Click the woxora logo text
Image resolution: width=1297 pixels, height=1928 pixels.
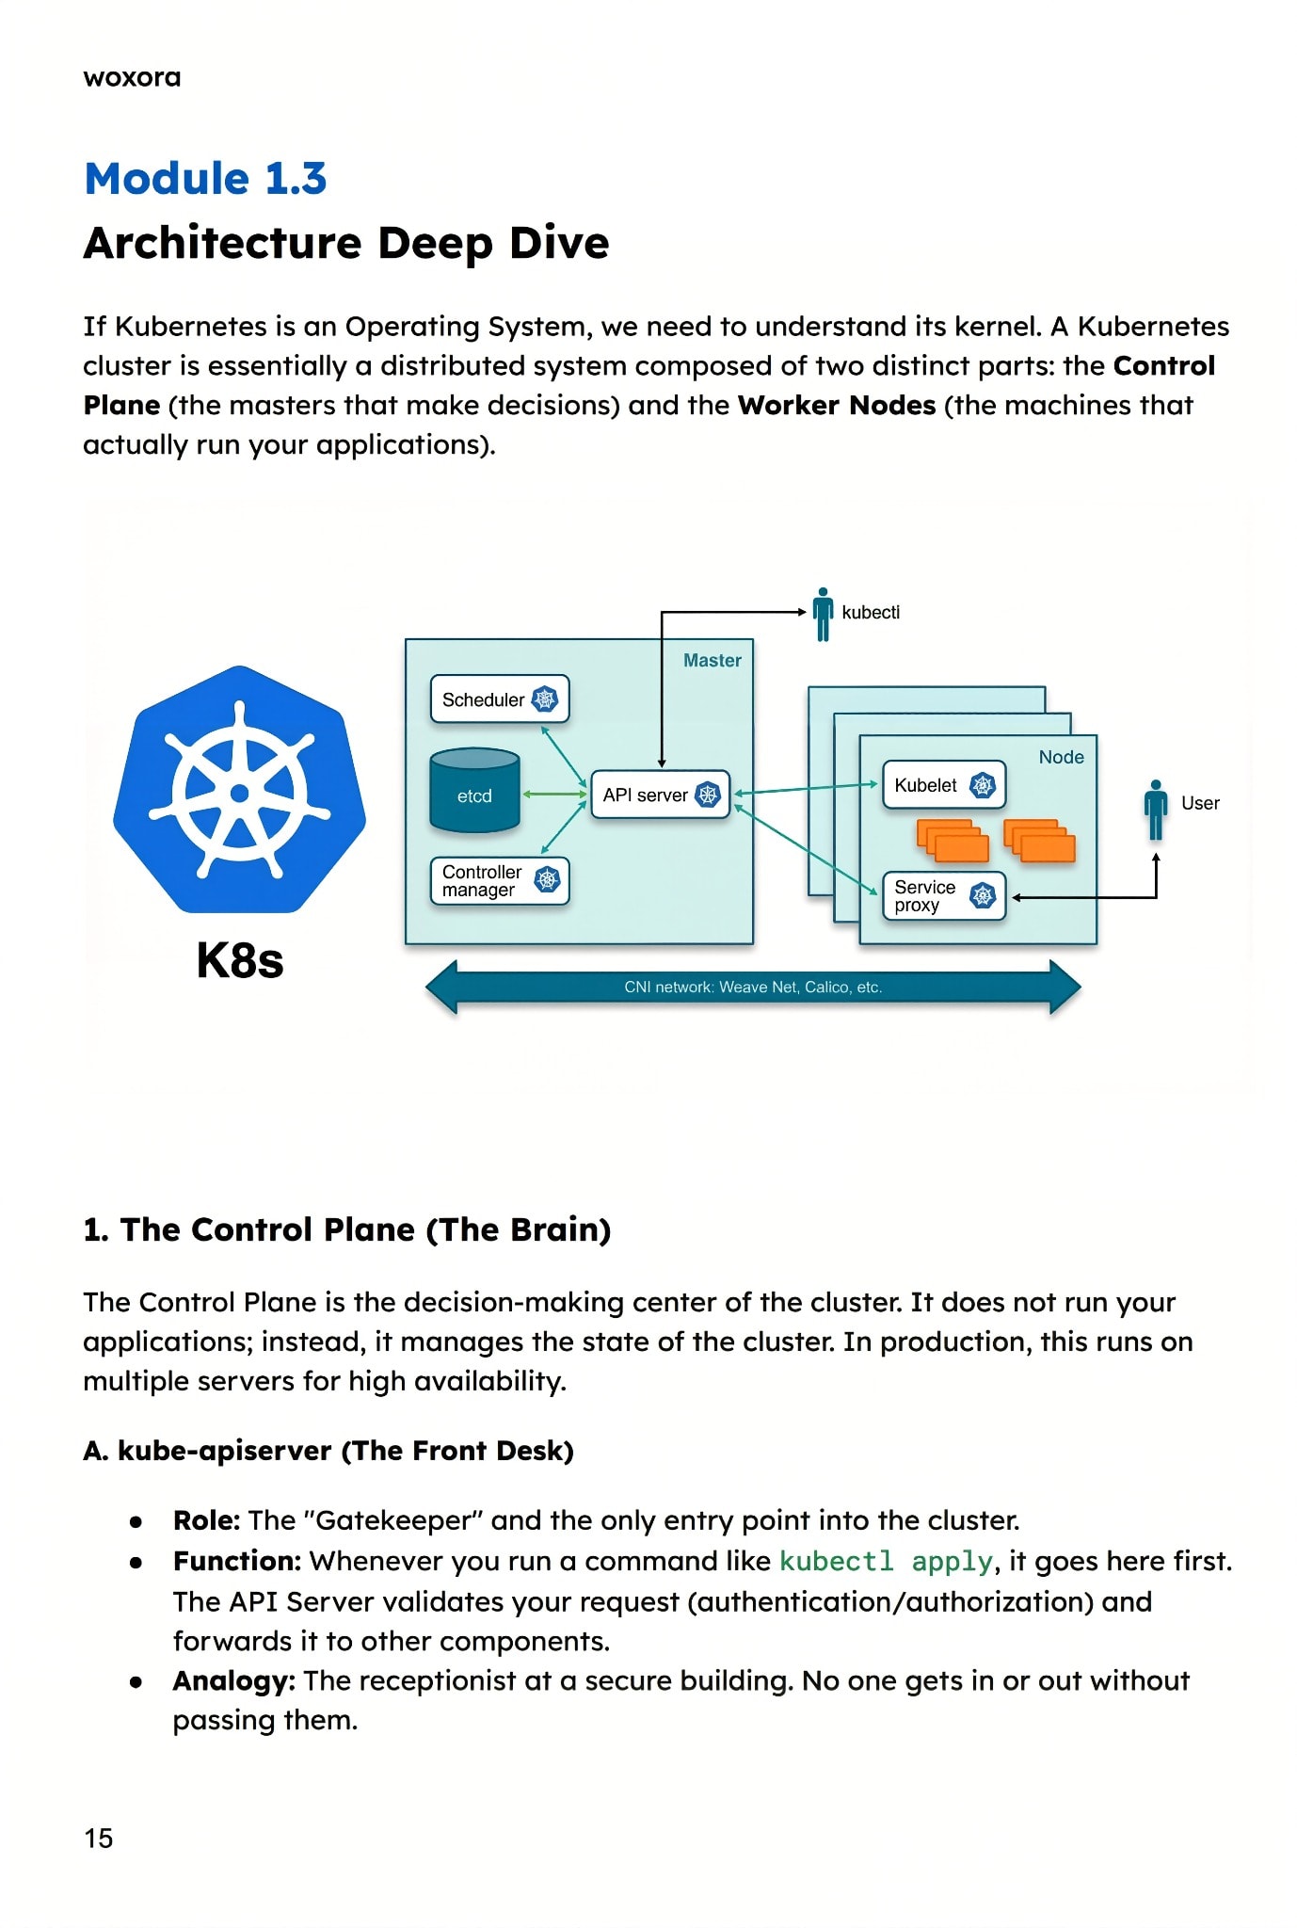(132, 77)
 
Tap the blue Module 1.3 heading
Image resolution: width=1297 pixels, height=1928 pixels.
(205, 178)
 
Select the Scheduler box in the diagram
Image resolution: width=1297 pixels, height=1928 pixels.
(500, 699)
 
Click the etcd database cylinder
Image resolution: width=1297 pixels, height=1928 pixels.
(474, 790)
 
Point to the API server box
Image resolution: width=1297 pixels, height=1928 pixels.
(660, 795)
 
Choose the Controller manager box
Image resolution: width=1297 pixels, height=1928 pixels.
(500, 880)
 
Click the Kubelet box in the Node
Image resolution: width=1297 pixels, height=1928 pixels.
(944, 785)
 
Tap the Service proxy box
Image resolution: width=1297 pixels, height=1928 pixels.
(944, 895)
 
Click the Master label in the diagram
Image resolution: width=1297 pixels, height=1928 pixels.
(713, 660)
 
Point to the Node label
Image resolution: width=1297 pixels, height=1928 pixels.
(1061, 757)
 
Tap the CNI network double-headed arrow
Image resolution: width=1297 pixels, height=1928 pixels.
(753, 987)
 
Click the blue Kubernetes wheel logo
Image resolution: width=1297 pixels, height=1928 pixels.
(240, 789)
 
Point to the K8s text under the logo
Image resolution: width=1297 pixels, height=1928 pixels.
(240, 960)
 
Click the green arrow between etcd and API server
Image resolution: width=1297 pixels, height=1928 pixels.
(555, 795)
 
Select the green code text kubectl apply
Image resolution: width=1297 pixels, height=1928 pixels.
(886, 1562)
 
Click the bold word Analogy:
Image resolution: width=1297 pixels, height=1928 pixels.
(234, 1681)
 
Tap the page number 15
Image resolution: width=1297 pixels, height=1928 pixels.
(98, 1838)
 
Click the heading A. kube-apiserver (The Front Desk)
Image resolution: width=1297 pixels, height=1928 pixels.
(328, 1451)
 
